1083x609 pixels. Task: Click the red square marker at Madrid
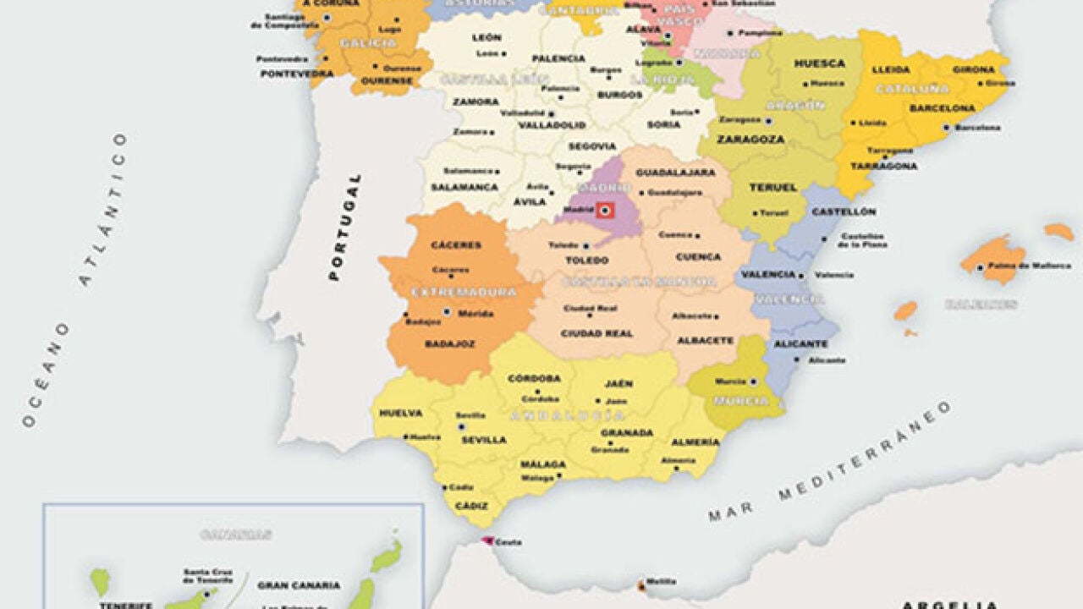(605, 210)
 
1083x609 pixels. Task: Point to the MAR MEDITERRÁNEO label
(829, 461)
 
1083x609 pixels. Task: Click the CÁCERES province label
(456, 245)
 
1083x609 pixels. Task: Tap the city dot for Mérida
(447, 312)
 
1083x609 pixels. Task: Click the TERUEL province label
(773, 188)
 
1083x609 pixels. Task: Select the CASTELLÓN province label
(844, 211)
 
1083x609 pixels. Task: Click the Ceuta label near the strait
(509, 542)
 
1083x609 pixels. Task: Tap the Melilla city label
(660, 582)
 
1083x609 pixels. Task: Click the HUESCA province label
(819, 63)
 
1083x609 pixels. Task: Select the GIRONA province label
(973, 70)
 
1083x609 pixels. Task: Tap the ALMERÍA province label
(695, 442)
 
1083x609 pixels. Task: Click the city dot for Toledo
(585, 246)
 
